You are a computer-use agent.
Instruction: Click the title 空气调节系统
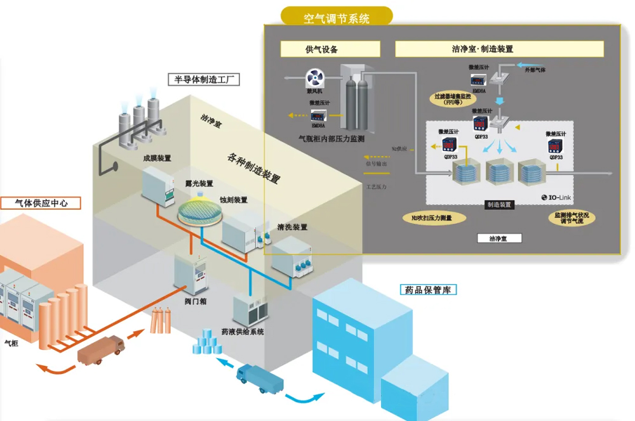(x=337, y=18)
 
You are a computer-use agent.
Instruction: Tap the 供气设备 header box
(x=330, y=49)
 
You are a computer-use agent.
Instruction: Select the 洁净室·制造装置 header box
(x=499, y=49)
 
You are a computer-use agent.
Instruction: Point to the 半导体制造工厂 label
(x=203, y=79)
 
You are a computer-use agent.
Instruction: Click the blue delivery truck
(x=260, y=379)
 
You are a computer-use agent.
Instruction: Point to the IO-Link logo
(x=556, y=198)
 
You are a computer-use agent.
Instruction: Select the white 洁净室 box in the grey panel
(x=499, y=238)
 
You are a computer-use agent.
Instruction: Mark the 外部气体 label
(x=535, y=69)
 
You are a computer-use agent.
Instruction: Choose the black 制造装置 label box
(x=500, y=205)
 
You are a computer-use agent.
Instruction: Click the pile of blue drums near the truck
(x=206, y=342)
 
